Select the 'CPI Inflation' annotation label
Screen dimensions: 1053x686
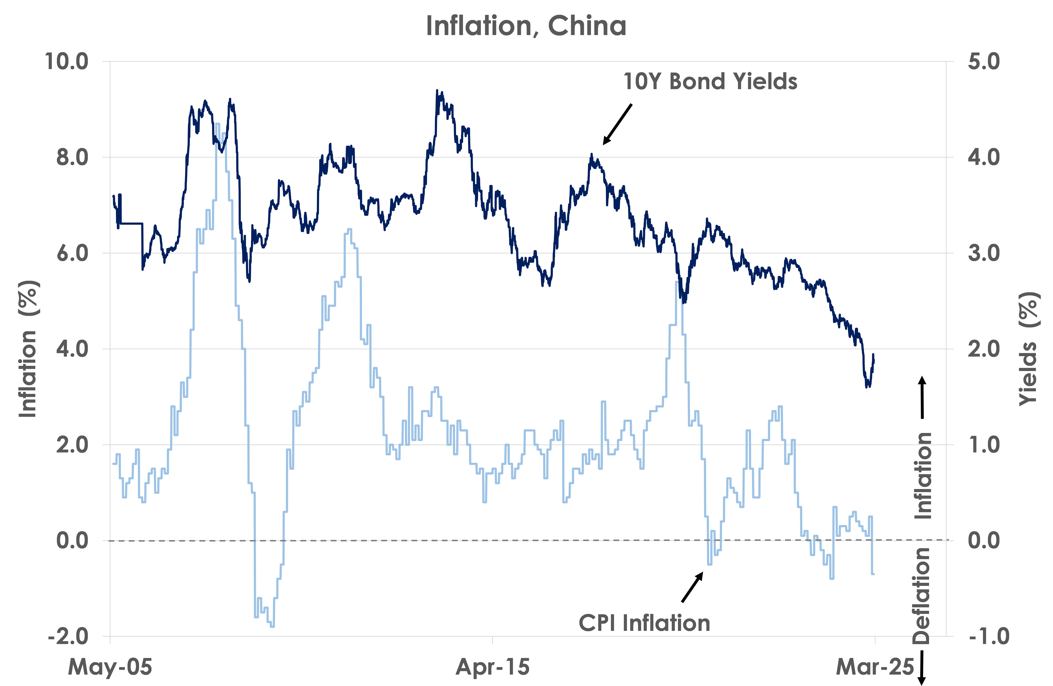coord(644,623)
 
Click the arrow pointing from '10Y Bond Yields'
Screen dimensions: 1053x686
coord(618,124)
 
